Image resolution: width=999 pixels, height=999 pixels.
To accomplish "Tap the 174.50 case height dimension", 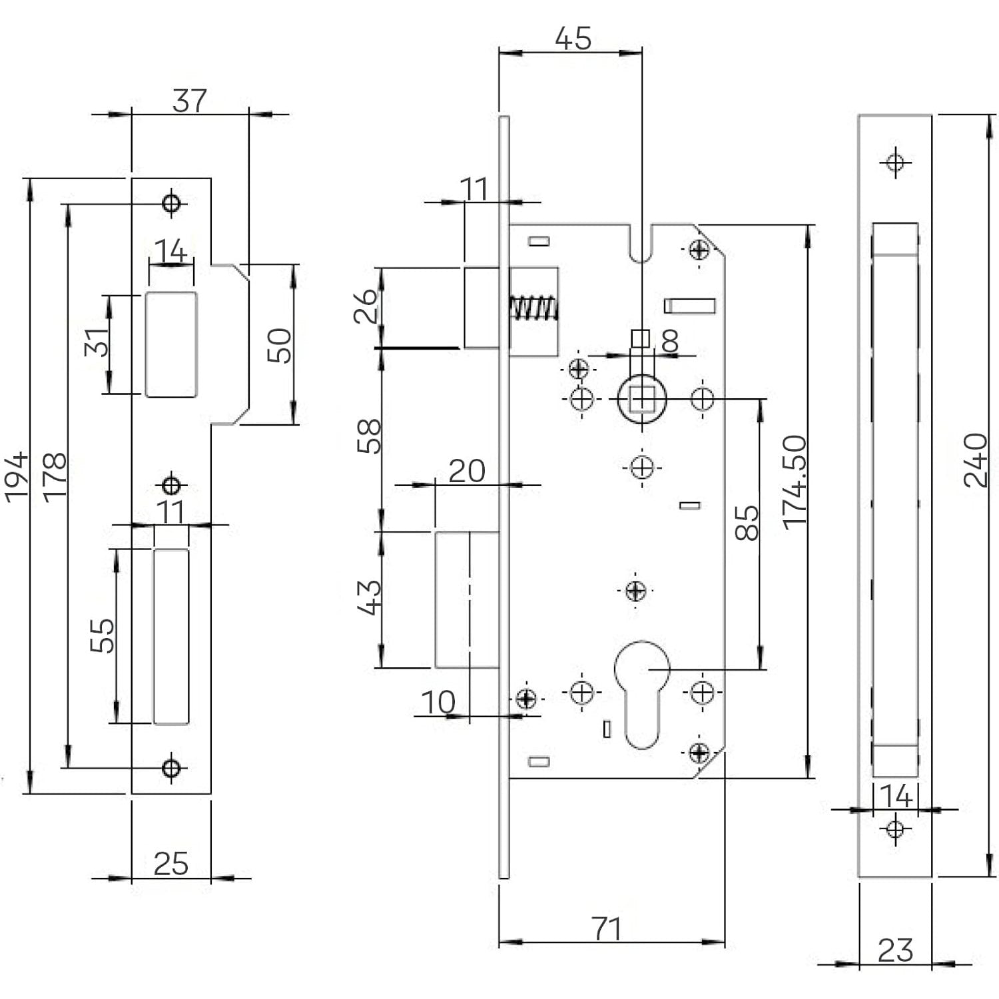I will point(795,482).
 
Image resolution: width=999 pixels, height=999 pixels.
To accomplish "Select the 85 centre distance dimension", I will point(747,523).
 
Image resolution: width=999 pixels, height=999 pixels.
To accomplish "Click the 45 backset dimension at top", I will point(573,39).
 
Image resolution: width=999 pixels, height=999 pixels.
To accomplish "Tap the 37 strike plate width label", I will point(190,101).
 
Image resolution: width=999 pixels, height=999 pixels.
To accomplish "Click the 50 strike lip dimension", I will point(280,345).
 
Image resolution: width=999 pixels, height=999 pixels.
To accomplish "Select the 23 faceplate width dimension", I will point(895,950).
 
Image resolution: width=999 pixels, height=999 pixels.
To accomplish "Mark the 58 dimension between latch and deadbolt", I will point(370,436).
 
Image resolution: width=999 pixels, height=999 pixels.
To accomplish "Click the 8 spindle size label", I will point(670,341).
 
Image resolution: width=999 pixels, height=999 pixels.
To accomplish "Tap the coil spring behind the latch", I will point(533,308).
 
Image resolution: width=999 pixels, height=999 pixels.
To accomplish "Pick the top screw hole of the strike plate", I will point(172,202).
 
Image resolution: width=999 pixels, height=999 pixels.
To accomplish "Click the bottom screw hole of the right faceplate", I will point(895,829).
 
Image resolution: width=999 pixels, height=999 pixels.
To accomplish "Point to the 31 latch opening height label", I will point(97,342).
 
